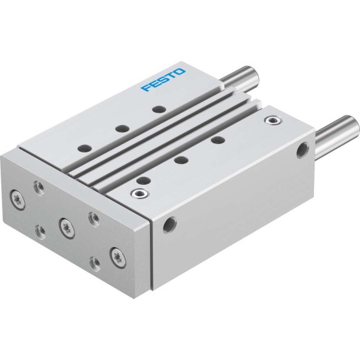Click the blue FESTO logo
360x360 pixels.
[163, 80]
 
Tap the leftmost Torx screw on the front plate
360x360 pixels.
[18, 200]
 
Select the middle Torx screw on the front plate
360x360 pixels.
[67, 228]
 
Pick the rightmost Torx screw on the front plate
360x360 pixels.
[118, 258]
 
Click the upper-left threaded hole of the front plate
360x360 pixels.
[39, 188]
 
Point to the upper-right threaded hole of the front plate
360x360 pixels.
[94, 219]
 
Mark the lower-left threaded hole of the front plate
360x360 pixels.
[40, 232]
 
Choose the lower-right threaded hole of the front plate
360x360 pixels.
[95, 264]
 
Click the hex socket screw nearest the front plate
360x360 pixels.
[139, 193]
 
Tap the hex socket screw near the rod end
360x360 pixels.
[273, 120]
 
